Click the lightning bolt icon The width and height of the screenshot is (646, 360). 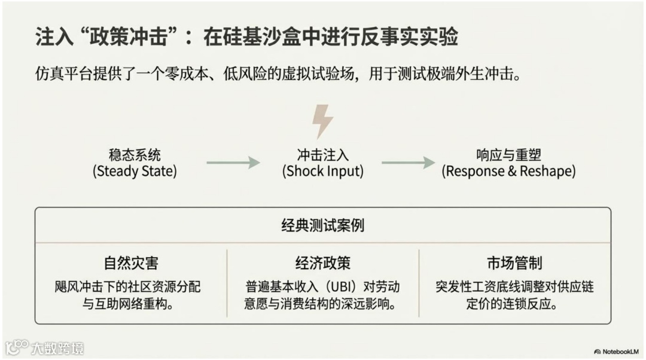(322, 121)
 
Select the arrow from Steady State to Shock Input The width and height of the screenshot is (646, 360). (233, 163)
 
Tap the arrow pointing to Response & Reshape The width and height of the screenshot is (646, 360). (408, 163)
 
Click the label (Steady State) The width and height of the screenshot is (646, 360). (135, 172)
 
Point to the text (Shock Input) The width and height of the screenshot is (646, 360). (323, 172)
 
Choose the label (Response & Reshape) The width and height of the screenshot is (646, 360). (508, 172)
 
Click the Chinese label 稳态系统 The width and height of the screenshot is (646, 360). (135, 155)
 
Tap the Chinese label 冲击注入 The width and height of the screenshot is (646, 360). (323, 155)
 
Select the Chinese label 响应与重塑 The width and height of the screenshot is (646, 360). (508, 155)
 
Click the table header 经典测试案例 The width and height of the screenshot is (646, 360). (323, 225)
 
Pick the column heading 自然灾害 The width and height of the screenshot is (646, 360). (131, 263)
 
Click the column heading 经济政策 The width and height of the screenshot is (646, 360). (323, 263)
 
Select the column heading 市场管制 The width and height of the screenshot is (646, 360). (514, 263)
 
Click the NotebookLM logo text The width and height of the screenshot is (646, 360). (620, 352)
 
